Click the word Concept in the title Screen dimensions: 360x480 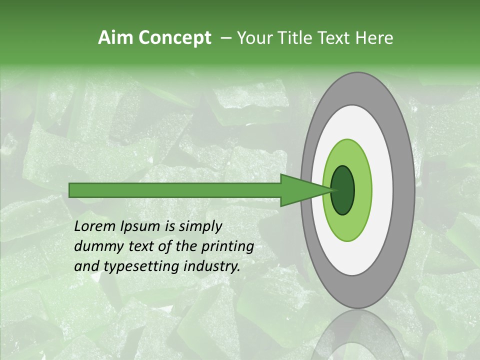[x=174, y=38]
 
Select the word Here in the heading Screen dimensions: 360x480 [x=374, y=38]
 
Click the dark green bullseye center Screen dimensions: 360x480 [x=343, y=190]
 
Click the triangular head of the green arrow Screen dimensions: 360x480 [x=300, y=190]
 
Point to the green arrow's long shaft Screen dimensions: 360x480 [x=175, y=190]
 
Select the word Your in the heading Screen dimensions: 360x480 [x=253, y=38]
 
